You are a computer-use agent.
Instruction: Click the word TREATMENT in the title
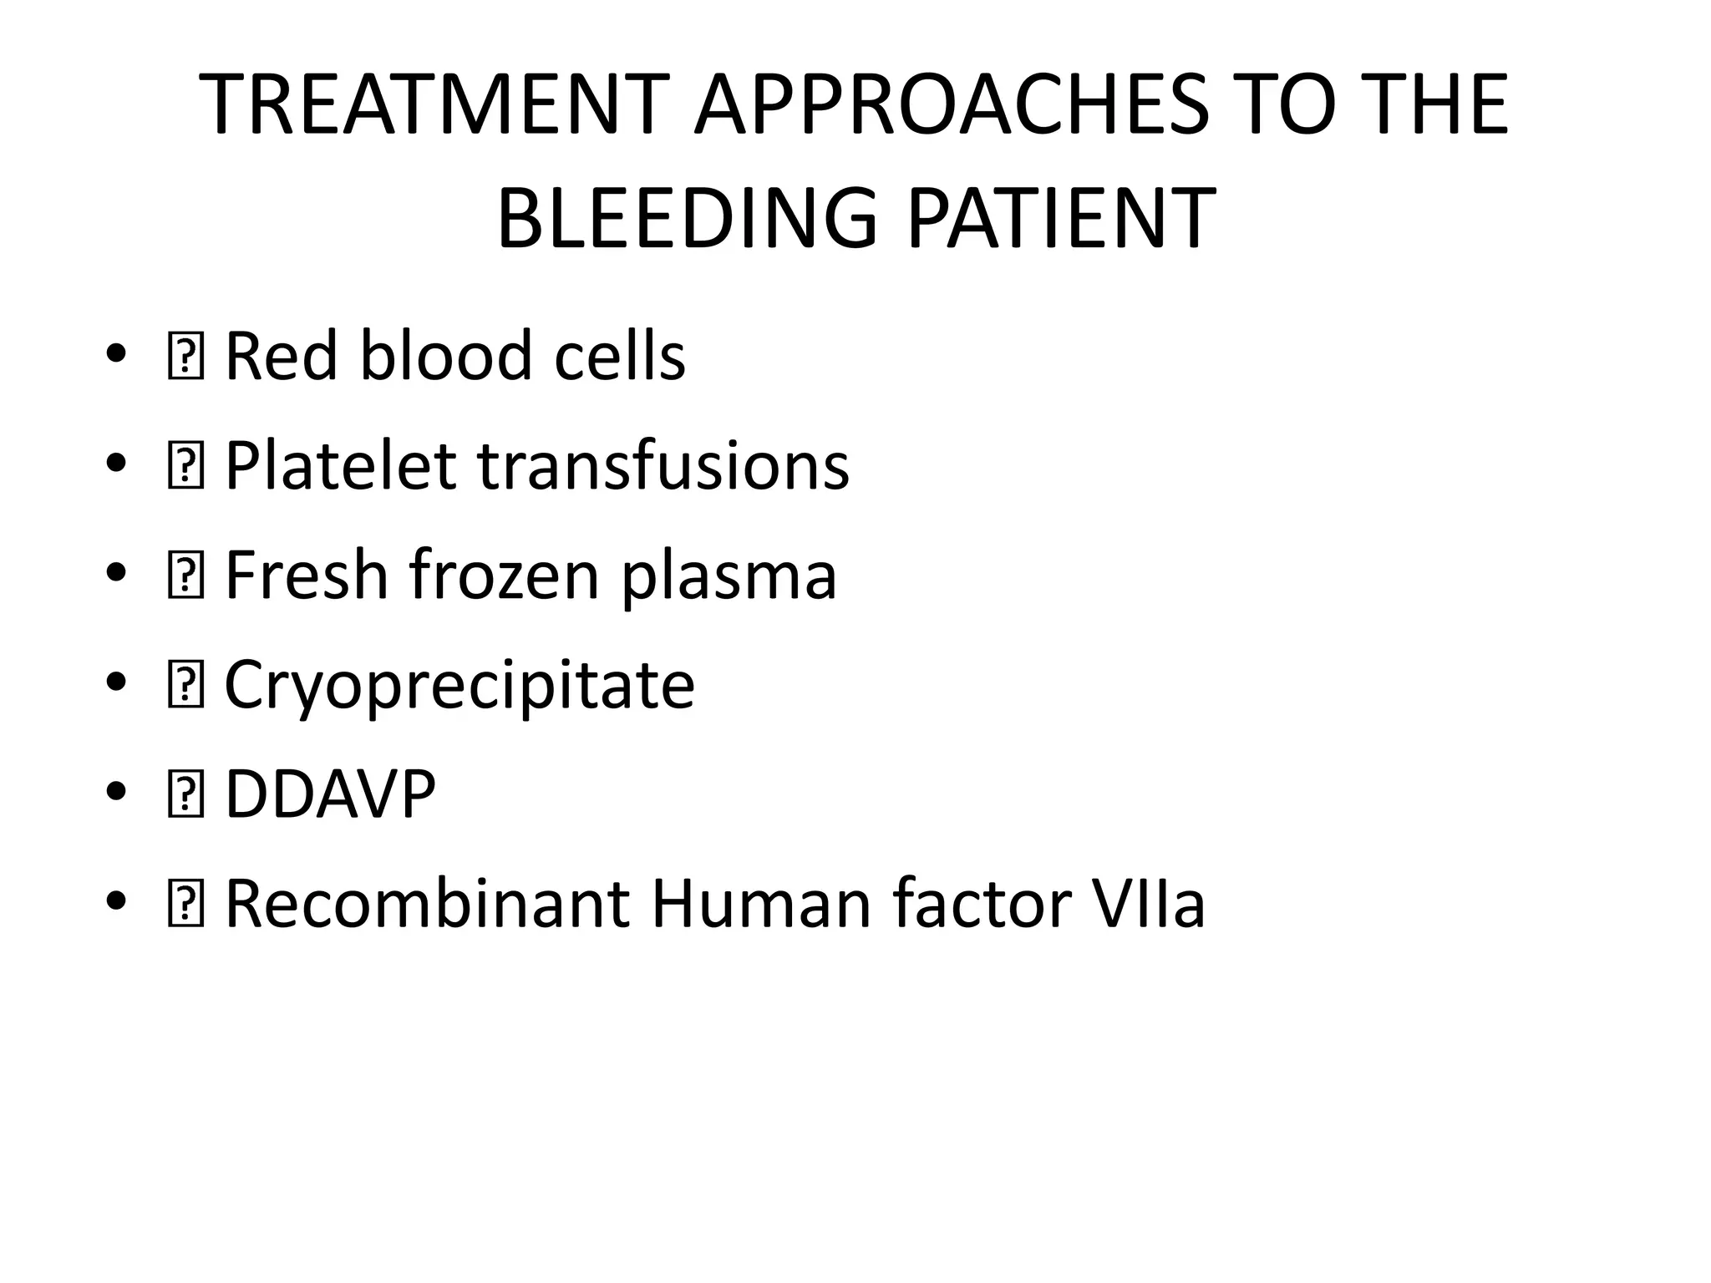tap(434, 106)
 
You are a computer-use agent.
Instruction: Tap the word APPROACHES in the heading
tap(952, 106)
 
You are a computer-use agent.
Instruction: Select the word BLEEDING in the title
tap(687, 219)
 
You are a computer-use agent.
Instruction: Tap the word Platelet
tap(340, 465)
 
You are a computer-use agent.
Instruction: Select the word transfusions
tap(663, 465)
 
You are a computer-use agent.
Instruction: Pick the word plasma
tap(729, 576)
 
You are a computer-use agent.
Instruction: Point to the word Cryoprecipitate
tap(459, 685)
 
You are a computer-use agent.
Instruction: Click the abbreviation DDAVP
tap(330, 794)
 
